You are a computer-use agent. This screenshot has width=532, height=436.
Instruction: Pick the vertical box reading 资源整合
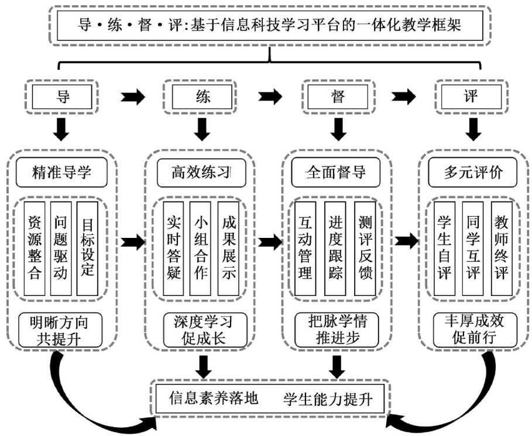pyautogui.click(x=35, y=249)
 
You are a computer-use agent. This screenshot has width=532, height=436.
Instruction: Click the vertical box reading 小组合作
pyautogui.click(x=201, y=249)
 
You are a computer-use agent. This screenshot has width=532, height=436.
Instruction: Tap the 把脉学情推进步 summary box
pyautogui.click(x=335, y=329)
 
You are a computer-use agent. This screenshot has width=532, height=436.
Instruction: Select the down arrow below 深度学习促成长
pyautogui.click(x=202, y=366)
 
